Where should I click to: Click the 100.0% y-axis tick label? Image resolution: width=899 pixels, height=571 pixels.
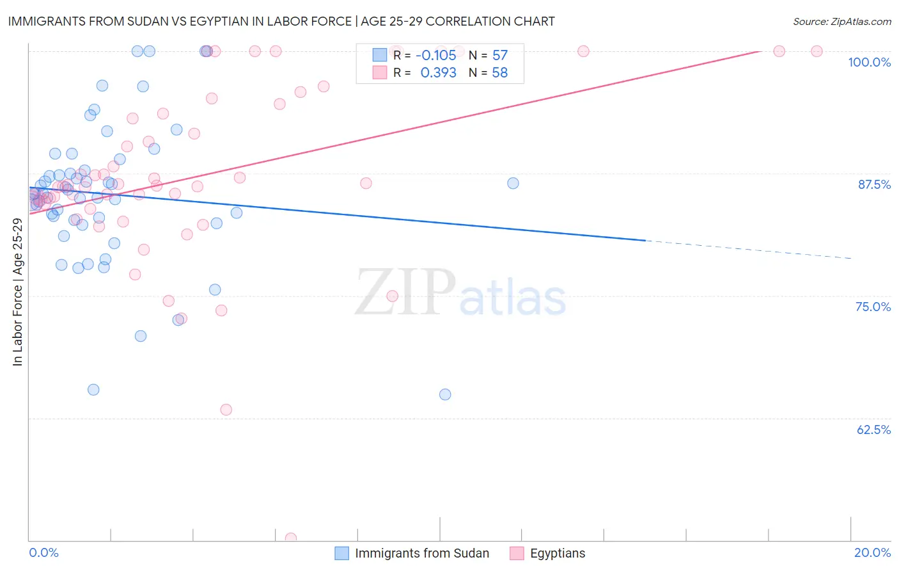(869, 62)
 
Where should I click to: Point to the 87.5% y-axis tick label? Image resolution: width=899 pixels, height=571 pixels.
(873, 184)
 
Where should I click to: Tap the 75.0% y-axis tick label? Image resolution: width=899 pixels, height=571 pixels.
(873, 307)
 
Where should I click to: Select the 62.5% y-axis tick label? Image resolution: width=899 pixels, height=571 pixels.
(873, 430)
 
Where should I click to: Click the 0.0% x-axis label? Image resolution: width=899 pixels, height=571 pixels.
(43, 552)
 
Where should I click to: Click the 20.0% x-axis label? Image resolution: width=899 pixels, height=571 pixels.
(872, 552)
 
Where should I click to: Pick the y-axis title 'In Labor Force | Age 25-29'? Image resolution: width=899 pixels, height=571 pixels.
(18, 292)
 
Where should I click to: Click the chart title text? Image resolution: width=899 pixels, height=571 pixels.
(281, 21)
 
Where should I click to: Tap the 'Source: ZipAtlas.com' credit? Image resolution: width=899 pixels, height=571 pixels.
(841, 21)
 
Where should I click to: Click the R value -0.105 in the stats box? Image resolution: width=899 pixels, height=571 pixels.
(437, 56)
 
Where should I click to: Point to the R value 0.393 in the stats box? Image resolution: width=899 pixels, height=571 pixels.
(438, 73)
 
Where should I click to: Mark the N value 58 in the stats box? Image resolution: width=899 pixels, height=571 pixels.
(499, 73)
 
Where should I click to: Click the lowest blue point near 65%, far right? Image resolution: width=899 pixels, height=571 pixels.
(445, 394)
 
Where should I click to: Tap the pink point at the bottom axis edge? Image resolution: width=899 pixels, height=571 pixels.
(290, 538)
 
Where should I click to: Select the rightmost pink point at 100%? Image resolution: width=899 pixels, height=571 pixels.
(817, 51)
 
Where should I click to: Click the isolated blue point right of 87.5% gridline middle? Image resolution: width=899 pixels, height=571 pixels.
(513, 183)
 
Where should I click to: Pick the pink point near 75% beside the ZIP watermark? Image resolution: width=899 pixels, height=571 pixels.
(393, 296)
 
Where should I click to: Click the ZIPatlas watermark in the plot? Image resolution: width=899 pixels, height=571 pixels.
(460, 293)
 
